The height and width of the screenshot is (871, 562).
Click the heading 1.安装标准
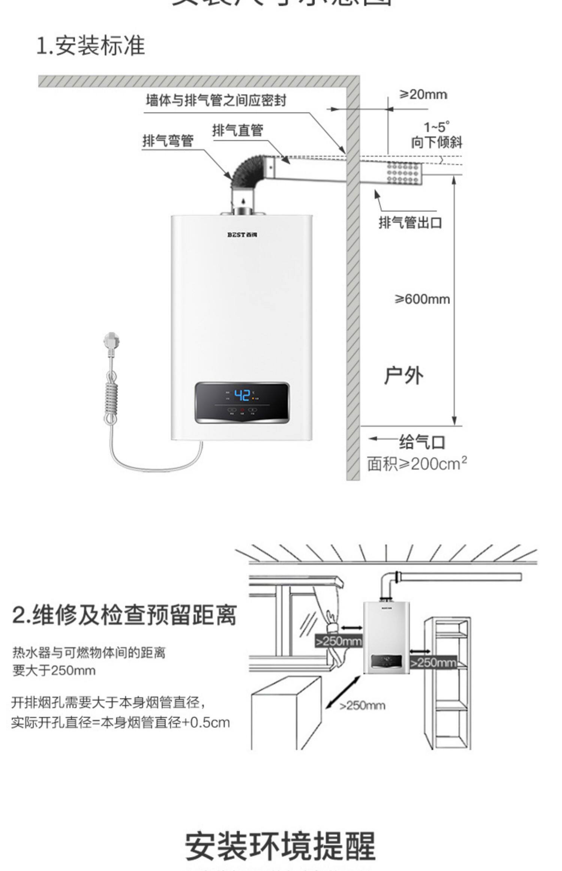point(90,46)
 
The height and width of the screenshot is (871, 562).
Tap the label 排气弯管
point(167,141)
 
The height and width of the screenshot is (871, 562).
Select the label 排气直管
point(238,130)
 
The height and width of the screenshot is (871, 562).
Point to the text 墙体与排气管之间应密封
point(216,100)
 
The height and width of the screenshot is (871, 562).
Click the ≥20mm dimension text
point(423,94)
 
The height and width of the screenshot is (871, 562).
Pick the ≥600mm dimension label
point(422,299)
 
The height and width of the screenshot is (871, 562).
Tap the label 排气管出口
point(410,222)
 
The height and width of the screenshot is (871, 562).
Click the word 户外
point(404,375)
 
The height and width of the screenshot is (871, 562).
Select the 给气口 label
point(422,442)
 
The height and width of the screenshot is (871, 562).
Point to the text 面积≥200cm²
point(417,464)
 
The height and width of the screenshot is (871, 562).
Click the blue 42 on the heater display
point(242,395)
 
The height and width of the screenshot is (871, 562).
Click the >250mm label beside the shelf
point(433,663)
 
